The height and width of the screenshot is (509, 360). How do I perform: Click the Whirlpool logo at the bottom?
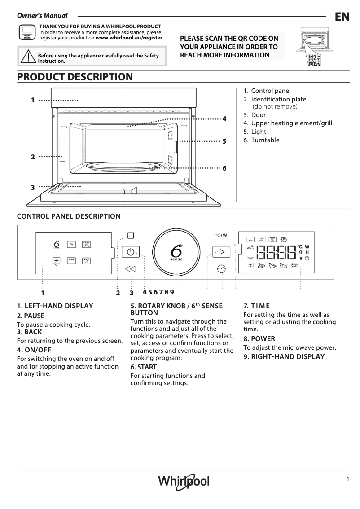(184, 482)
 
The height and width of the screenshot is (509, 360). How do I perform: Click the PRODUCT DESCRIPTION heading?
(75, 77)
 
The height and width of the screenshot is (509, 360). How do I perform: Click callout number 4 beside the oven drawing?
(224, 119)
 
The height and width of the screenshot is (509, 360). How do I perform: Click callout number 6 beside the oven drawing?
(224, 168)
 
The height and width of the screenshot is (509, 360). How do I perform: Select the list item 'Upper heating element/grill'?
(291, 123)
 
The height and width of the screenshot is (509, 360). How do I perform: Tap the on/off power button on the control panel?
(130, 252)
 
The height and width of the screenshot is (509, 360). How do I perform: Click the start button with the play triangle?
(221, 252)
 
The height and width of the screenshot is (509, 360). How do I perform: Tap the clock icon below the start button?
(221, 269)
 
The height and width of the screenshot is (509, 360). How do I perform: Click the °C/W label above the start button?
(221, 235)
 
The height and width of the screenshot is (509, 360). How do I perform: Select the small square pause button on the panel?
(130, 235)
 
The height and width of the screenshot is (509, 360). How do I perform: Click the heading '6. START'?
(144, 367)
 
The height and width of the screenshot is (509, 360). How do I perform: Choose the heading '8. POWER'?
(259, 339)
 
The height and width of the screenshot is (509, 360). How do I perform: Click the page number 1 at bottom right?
(347, 479)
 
